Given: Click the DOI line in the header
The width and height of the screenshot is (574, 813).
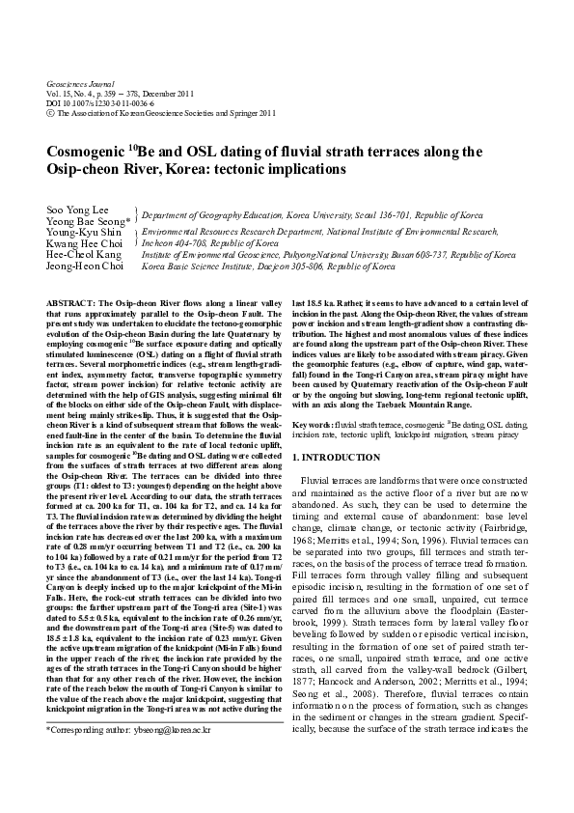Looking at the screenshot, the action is click(97, 102).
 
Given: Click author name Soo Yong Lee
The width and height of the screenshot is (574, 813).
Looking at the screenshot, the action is click(76, 210).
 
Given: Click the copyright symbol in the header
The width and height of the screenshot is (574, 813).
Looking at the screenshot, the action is click(50, 112).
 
